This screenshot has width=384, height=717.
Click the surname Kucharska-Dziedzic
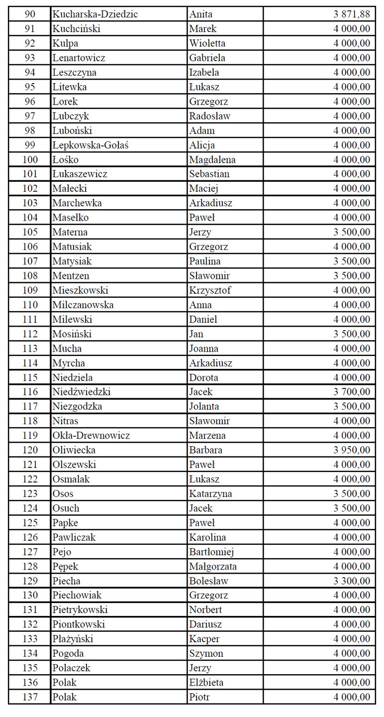[x=95, y=14]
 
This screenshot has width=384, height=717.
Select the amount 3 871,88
[x=352, y=14]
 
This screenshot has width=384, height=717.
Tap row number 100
[x=30, y=160]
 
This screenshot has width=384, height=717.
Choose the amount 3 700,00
[x=352, y=392]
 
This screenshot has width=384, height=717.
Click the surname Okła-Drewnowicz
[x=91, y=436]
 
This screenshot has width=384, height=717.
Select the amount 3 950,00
[x=352, y=450]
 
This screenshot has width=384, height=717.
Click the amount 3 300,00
[x=352, y=581]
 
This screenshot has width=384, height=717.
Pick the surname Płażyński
[x=73, y=639]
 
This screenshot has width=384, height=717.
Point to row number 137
[x=30, y=697]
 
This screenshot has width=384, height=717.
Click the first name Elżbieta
[x=206, y=683]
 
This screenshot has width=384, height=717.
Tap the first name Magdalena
[x=212, y=160]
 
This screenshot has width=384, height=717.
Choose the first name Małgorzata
[x=213, y=567]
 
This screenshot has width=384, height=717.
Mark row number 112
[x=30, y=334]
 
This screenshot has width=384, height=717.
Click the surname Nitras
[x=65, y=421]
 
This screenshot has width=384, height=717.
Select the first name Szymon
[x=206, y=653]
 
